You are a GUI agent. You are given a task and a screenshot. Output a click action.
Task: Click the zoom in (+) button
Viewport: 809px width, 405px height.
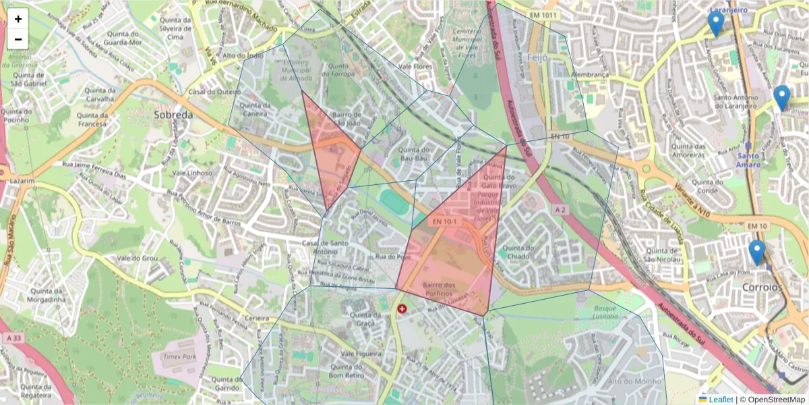18,19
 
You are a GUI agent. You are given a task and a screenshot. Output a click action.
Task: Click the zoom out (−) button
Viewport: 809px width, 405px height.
18,39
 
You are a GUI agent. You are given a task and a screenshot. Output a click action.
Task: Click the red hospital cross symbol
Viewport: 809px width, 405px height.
402,309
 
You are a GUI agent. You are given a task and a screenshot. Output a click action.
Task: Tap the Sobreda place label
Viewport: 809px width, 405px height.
173,115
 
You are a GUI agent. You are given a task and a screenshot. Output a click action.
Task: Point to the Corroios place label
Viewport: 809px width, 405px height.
761,287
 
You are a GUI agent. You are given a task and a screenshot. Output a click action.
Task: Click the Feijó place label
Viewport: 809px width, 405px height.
538,58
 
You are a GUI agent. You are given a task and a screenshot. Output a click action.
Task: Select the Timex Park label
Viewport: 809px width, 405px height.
177,355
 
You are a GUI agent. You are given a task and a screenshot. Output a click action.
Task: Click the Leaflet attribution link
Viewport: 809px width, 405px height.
721,400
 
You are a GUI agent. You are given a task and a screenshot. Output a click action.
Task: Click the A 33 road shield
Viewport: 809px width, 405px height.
13,337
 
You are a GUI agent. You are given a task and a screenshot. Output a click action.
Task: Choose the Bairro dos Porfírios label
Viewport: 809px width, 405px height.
440,289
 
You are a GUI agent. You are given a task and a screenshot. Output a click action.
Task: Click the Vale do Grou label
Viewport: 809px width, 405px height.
137,259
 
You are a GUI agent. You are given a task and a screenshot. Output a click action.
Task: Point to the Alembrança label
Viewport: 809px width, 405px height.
591,74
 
